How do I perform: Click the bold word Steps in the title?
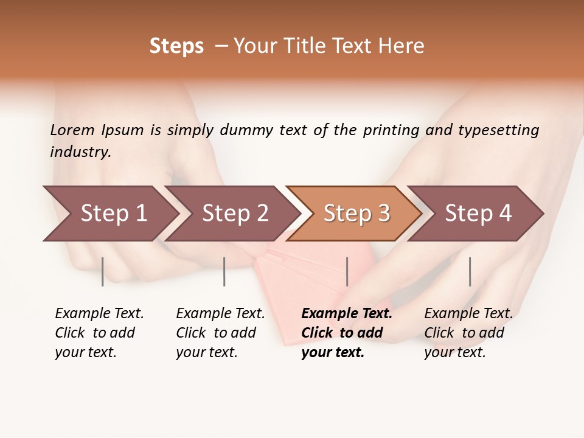point(176,46)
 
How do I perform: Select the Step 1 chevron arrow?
point(109,214)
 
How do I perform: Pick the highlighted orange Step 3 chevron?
point(356,214)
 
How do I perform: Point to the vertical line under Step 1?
point(103,271)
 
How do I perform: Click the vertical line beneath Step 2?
point(224,271)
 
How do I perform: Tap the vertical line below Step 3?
point(347,271)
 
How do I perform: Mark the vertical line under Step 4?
point(470,271)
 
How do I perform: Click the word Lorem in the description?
point(72,130)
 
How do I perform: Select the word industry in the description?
point(80,152)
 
